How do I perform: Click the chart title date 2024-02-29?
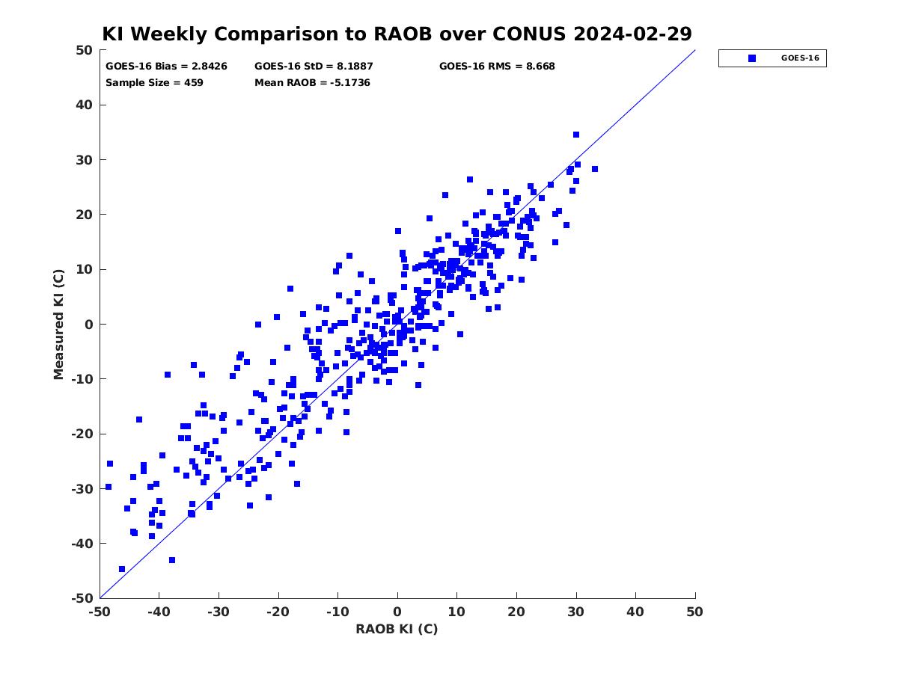pyautogui.click(x=632, y=34)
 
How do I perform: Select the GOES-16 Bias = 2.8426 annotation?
pyautogui.click(x=166, y=67)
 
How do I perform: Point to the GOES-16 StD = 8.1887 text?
pyautogui.click(x=314, y=67)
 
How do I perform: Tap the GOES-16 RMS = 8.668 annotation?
pyautogui.click(x=497, y=67)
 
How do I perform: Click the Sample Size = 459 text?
pyautogui.click(x=154, y=83)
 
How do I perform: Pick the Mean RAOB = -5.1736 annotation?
pyautogui.click(x=312, y=83)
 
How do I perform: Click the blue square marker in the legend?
pyautogui.click(x=751, y=58)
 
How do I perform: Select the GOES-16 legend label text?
pyautogui.click(x=800, y=58)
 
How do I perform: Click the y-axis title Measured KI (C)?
pyautogui.click(x=58, y=324)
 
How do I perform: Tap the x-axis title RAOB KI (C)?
pyautogui.click(x=397, y=628)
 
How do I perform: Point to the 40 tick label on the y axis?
pyautogui.click(x=85, y=105)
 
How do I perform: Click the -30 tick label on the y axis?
pyautogui.click(x=82, y=489)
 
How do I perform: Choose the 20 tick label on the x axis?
pyautogui.click(x=516, y=612)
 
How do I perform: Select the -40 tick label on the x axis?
pyautogui.click(x=159, y=612)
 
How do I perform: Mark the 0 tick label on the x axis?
pyautogui.click(x=397, y=612)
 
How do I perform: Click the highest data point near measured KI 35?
pyautogui.click(x=576, y=135)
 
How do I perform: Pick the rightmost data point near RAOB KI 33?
pyautogui.click(x=594, y=169)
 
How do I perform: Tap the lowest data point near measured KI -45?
pyautogui.click(x=121, y=569)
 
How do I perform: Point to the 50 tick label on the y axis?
pyautogui.click(x=85, y=50)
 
